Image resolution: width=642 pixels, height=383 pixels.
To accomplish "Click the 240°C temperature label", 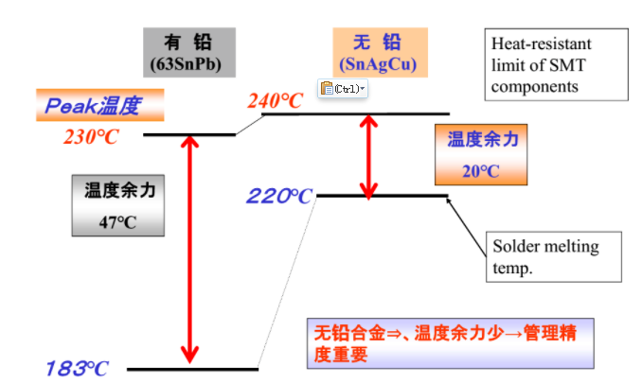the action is pos(276,101).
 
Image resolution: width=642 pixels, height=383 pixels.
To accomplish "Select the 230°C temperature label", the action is pos(91,136).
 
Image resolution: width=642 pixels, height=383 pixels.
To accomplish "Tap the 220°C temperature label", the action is pos(279,196).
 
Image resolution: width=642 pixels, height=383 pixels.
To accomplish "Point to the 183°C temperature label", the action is pos(77,368).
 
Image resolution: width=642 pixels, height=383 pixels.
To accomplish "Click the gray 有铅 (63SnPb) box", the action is pos(189,52).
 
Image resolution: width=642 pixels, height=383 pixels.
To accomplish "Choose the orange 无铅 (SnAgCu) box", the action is pos(380,52).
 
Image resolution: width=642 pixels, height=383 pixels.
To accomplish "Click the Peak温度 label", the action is pos(100,105).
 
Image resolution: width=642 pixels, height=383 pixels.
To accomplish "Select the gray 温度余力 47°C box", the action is pos(118,205).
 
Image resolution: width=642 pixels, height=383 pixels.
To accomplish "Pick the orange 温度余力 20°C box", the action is pos(481,155).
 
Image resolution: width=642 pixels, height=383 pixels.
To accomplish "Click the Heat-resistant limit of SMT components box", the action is pos(557,64).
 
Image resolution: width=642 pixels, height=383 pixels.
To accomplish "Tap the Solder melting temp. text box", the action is pos(554,257).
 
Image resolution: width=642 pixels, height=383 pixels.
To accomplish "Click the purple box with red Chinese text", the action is pos(451,343).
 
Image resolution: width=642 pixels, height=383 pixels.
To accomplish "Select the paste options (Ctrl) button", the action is pos(343,89).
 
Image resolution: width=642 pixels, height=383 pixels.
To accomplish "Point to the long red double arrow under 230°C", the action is pos(190,250).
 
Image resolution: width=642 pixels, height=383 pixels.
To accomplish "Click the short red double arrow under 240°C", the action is pos(368,157).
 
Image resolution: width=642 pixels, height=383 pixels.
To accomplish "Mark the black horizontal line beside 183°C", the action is pos(192,370).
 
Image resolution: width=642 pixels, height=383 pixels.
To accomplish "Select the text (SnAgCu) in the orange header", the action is pos(378,64).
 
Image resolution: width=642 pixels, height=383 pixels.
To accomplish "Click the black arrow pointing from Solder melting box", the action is pos(467,227).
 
